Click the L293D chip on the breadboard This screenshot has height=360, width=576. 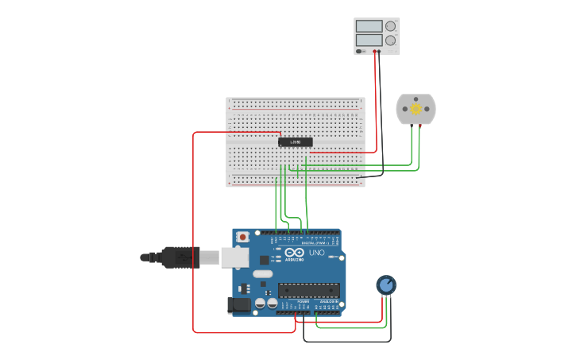295,142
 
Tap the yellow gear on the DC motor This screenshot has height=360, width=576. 416,110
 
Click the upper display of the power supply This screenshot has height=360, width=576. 369,26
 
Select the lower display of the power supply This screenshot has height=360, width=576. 369,40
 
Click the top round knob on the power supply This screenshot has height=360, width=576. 390,26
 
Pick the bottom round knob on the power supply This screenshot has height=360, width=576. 390,40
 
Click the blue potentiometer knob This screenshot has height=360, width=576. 386,285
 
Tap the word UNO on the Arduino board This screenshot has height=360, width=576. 317,253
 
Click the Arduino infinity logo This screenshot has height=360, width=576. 294,253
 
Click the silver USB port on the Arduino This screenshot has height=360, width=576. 234,257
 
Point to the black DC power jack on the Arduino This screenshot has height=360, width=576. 238,305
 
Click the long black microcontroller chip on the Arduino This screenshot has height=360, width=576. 308,290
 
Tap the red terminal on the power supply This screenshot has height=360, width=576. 375,52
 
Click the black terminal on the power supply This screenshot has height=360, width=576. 379,52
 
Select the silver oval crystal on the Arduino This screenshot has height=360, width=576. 263,274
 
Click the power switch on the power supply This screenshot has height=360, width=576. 360,51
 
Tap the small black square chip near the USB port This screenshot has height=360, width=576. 264,260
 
